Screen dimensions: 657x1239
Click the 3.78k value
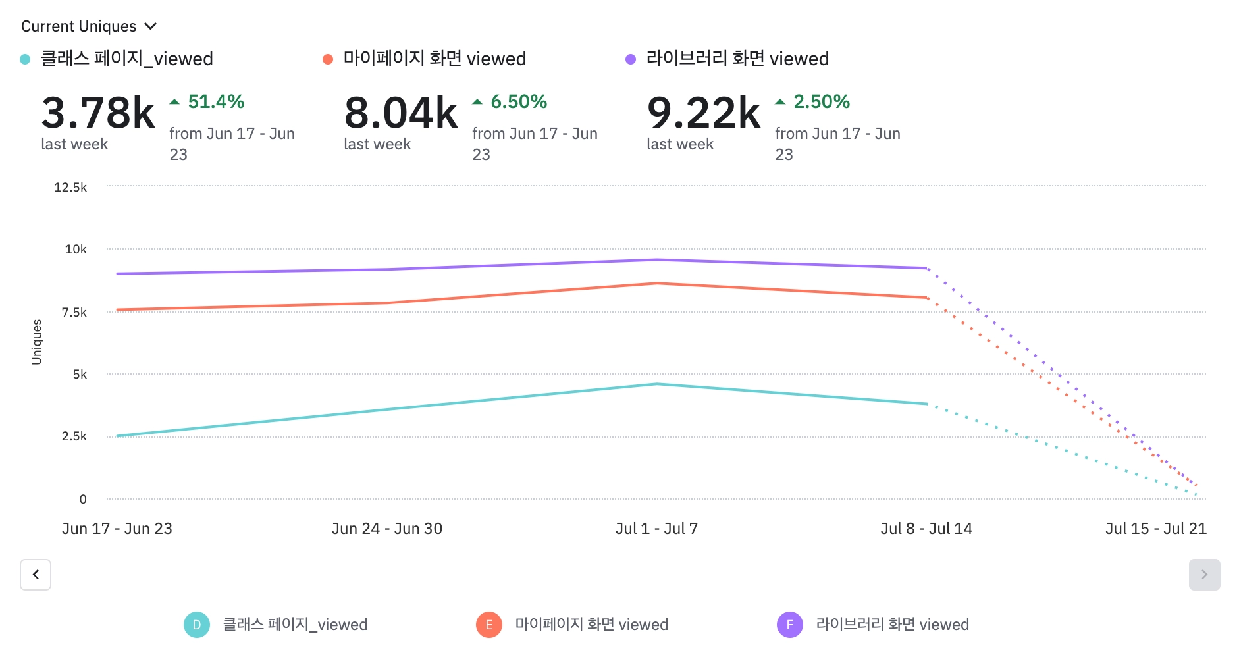pyautogui.click(x=98, y=113)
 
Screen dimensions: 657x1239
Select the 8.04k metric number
pyautogui.click(x=400, y=113)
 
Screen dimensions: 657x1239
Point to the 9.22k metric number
pyautogui.click(x=703, y=113)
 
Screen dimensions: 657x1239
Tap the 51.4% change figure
pyautogui.click(x=216, y=102)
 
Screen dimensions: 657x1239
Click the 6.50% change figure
pyautogui.click(x=519, y=102)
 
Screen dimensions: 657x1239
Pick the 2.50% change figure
pyautogui.click(x=822, y=102)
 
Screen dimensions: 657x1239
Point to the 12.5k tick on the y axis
pyautogui.click(x=70, y=188)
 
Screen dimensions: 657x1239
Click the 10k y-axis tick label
pyautogui.click(x=76, y=250)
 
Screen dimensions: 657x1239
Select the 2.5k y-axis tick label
pyautogui.click(x=74, y=436)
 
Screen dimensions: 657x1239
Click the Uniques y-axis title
pyautogui.click(x=37, y=342)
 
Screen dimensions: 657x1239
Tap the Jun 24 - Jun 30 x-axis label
pyautogui.click(x=387, y=529)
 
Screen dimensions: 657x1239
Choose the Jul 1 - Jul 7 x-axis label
pyautogui.click(x=656, y=529)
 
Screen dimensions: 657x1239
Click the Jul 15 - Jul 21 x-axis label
pyautogui.click(x=1155, y=529)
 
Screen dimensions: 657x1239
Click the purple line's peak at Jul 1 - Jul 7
pyautogui.click(x=657, y=260)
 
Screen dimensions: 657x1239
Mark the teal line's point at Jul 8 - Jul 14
pyautogui.click(x=927, y=404)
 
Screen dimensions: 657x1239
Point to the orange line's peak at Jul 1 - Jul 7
pyautogui.click(x=657, y=284)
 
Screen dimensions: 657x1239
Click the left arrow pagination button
pyautogui.click(x=36, y=575)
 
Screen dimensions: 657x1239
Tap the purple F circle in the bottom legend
pyautogui.click(x=789, y=625)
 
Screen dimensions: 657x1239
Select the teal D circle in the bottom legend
pyautogui.click(x=197, y=625)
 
